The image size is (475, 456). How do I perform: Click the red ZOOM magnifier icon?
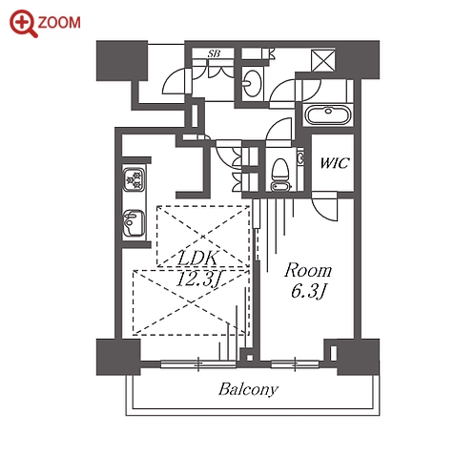(23, 23)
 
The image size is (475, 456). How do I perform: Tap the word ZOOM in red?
(59, 23)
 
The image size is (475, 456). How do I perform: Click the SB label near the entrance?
(214, 53)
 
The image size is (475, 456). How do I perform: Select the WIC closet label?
(334, 163)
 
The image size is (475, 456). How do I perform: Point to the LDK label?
(197, 258)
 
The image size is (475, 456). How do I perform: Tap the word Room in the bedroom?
(308, 271)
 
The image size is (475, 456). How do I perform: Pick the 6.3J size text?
(308, 291)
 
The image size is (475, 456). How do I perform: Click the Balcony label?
(248, 389)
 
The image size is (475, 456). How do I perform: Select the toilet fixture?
(280, 175)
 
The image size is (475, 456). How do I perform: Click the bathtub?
(328, 114)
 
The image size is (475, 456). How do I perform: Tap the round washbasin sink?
(252, 83)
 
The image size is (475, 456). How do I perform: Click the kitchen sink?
(134, 222)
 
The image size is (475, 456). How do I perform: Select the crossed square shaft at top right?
(323, 60)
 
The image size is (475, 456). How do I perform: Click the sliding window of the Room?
(295, 364)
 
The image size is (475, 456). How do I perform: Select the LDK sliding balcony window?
(198, 364)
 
